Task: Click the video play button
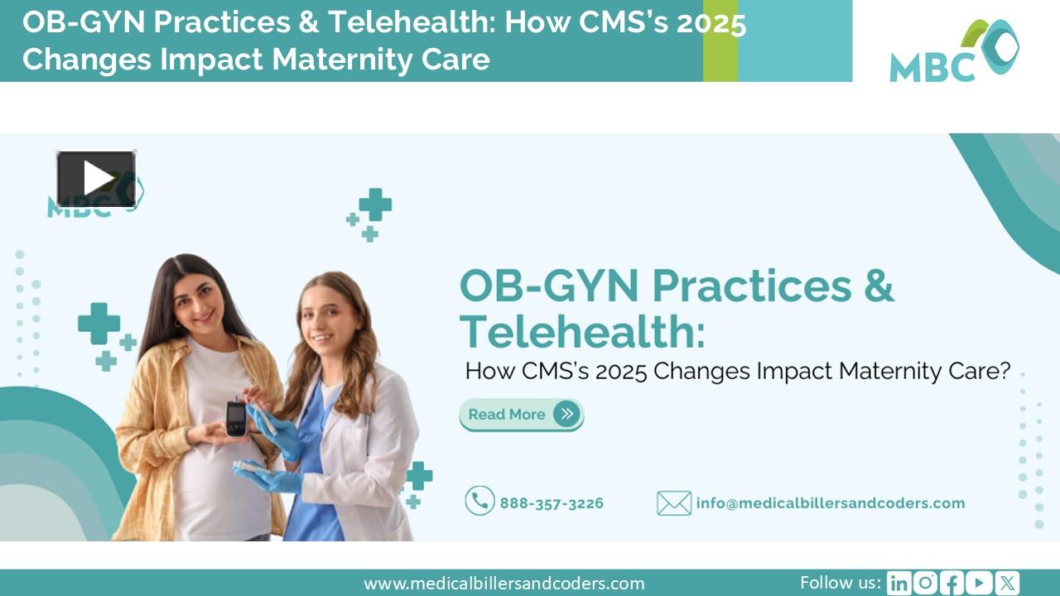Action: coord(96,178)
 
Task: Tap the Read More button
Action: coord(521,414)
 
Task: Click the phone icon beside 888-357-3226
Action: coord(479,501)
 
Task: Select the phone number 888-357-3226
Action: coord(551,502)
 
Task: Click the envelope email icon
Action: coord(673,502)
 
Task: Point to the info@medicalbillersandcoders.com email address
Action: coord(830,502)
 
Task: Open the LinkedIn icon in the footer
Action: coord(899,583)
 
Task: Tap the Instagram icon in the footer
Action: coord(925,583)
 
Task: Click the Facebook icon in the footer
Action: coord(952,583)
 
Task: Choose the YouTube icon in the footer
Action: coord(979,583)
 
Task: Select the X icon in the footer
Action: coord(1007,583)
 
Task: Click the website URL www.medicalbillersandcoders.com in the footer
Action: coord(503,584)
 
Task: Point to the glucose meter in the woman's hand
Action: coord(236,417)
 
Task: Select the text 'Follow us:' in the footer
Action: coord(840,582)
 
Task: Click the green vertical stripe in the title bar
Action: coord(720,41)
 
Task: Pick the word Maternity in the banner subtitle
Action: coord(892,371)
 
